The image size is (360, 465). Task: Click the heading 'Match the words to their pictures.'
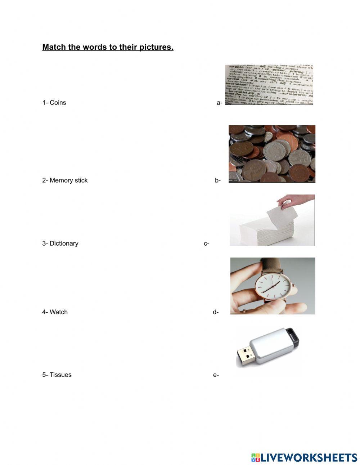tap(108, 47)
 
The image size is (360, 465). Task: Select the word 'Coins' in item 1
tap(58, 103)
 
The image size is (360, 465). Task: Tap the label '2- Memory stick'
tap(65, 180)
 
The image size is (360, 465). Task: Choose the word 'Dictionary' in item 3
tap(64, 243)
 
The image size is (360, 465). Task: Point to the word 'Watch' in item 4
tap(58, 312)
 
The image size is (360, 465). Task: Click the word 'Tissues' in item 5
tap(60, 375)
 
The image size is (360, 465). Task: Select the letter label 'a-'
tap(219, 103)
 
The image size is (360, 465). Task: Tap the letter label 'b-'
tap(218, 180)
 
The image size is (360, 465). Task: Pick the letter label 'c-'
tap(207, 244)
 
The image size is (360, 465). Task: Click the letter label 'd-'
tap(216, 312)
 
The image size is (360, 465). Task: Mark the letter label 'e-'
tap(216, 375)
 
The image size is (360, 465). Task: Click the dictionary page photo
tap(269, 85)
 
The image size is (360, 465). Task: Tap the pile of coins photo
tap(272, 154)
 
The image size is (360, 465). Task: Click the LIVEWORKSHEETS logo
tap(304, 457)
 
